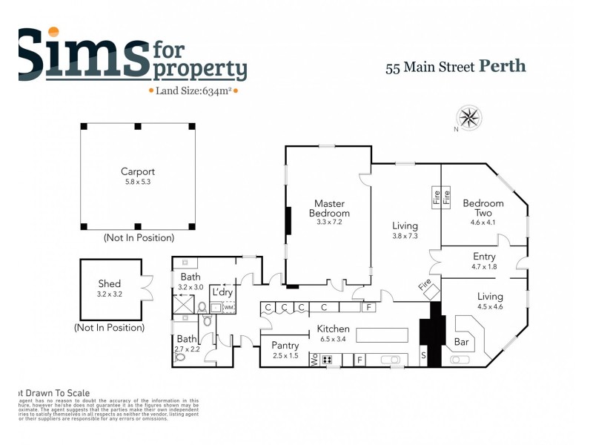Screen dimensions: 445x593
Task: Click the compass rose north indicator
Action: pos(469,118)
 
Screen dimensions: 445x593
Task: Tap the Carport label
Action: pos(138,172)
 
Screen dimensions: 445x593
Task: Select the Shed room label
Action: pos(110,283)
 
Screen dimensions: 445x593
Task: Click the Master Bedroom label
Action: pos(329,208)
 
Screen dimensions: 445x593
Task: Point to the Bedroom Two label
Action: pos(483,208)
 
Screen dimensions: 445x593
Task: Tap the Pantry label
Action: pos(285,346)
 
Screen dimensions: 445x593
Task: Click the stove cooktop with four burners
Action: pos(327,360)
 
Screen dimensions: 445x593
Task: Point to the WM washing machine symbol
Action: pos(229,307)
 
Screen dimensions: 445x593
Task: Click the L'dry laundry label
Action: pos(222,292)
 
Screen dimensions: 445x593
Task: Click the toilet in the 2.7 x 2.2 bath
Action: pos(179,355)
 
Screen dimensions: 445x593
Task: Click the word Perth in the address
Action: pos(503,66)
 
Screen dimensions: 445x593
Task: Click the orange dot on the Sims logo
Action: pos(53,32)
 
